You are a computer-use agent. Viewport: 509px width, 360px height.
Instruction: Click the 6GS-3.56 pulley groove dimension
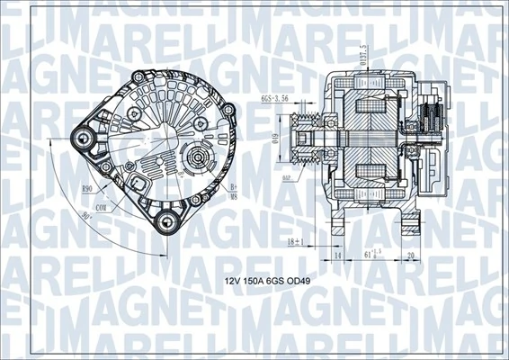(x=272, y=99)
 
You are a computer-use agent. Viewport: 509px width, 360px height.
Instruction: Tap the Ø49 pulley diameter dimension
(x=278, y=141)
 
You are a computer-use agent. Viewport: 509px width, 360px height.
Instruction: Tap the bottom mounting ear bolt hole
(x=165, y=220)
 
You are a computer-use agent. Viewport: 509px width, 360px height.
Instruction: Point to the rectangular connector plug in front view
(x=142, y=183)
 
